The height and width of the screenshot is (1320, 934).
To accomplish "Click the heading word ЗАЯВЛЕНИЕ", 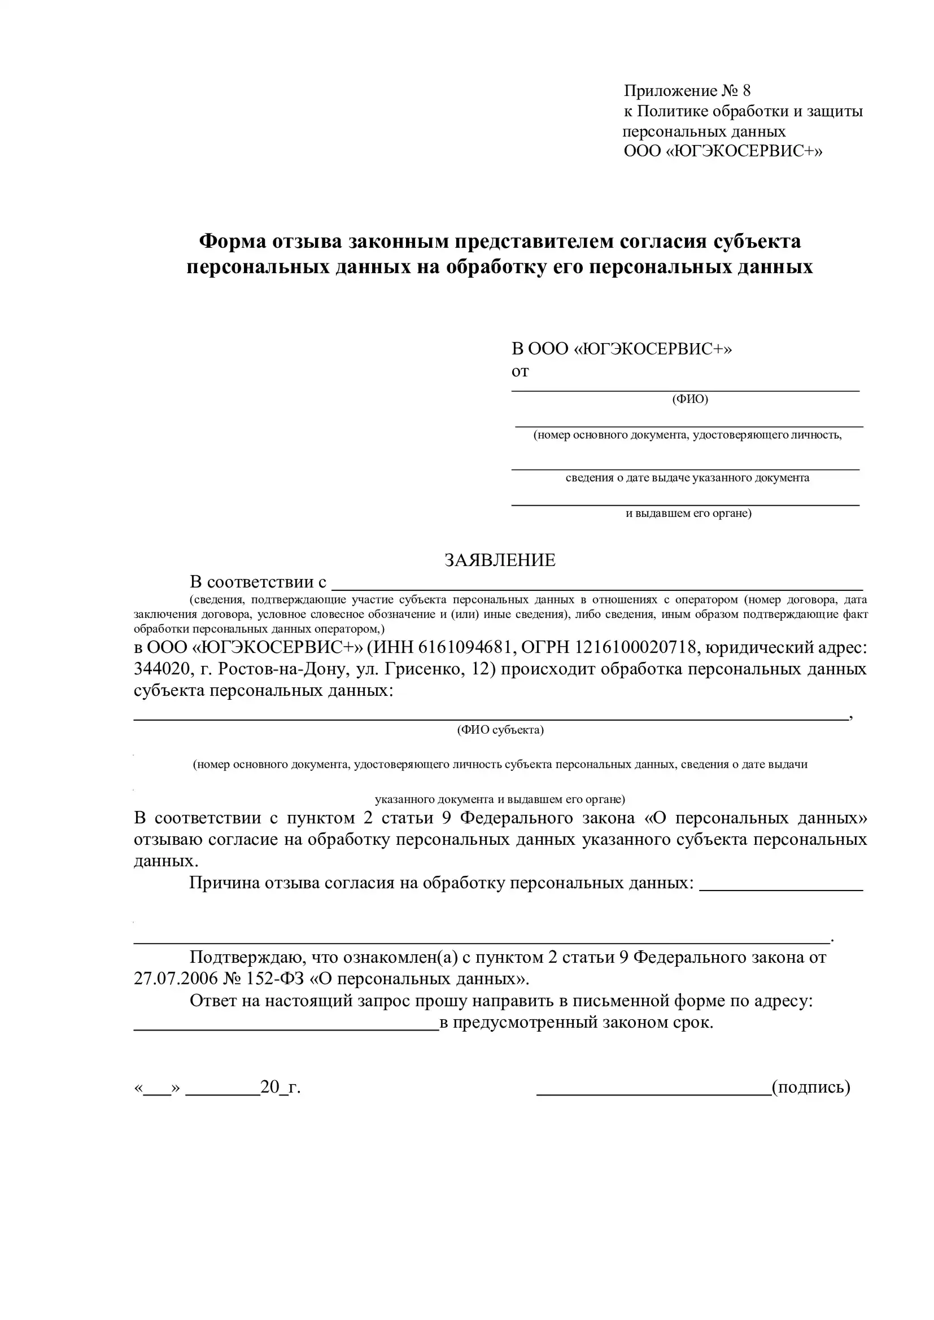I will [x=500, y=560].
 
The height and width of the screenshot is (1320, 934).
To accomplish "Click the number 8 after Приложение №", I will [x=747, y=91].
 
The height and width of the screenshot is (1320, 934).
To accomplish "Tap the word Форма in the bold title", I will [x=232, y=241].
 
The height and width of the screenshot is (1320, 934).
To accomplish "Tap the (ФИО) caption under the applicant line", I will [x=690, y=399].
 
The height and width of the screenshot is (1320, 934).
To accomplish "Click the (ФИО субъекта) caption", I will [x=500, y=730].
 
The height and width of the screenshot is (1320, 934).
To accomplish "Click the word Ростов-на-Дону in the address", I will [x=282, y=669].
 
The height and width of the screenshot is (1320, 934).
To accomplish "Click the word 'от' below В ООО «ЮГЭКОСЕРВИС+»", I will [x=520, y=371].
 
